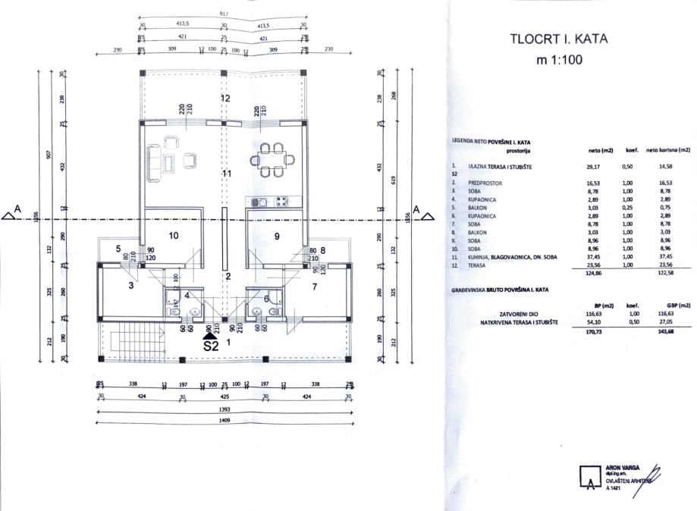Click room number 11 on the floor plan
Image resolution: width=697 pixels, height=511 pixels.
[x=225, y=174]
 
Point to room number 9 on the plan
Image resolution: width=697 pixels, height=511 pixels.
[x=277, y=236]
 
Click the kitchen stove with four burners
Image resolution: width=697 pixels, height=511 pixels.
[x=282, y=202]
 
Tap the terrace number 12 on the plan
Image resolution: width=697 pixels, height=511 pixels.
[x=224, y=99]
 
